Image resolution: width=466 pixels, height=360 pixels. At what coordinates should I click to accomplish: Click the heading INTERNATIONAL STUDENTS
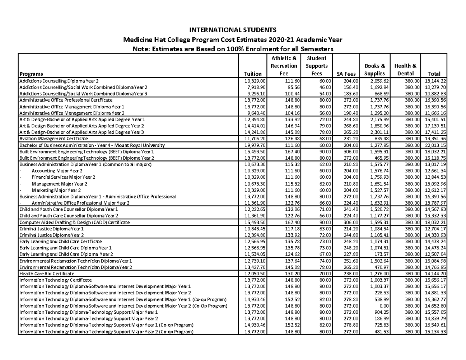coord(233,30)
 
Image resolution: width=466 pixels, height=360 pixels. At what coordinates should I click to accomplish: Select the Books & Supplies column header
coord(375,70)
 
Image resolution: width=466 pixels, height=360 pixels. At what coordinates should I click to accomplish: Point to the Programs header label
coord(31,74)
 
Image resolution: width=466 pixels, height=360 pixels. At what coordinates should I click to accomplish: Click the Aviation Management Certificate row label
coord(54,138)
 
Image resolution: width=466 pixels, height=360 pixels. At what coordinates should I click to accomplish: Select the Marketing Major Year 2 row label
coord(56,190)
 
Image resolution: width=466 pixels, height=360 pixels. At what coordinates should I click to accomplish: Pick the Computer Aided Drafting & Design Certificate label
coord(75,222)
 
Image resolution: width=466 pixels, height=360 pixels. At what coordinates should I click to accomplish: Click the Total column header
coord(433,74)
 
